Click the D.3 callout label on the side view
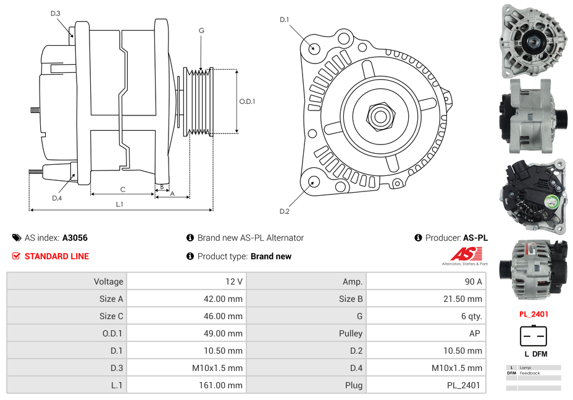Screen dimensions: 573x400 point(55,14)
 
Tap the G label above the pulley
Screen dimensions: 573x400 point(201,30)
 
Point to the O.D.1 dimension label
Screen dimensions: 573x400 point(247,101)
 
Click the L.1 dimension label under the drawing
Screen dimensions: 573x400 point(120,204)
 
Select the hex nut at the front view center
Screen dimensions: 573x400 point(380,117)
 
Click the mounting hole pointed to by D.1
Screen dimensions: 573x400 point(313,48)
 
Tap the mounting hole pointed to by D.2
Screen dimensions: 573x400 point(313,181)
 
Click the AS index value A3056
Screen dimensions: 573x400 point(75,238)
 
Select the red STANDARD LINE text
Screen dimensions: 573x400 point(57,256)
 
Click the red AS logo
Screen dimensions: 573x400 point(466,254)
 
